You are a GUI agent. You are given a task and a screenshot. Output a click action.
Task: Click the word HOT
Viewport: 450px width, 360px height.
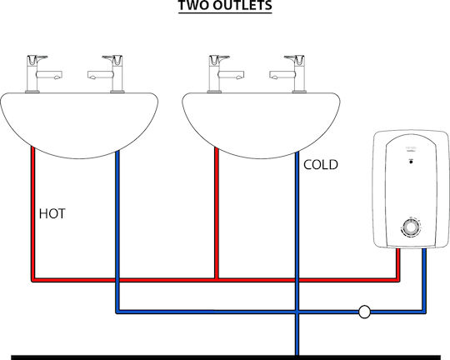[x=52, y=214]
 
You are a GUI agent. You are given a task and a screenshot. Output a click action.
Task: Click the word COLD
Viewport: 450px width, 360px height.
[x=321, y=165]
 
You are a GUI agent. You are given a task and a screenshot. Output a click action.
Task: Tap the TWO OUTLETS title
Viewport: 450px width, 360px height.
[x=225, y=6]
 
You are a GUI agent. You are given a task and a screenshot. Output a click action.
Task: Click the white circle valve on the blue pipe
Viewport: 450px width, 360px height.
[x=364, y=312]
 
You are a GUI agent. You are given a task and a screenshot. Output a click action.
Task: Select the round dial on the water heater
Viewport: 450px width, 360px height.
[x=411, y=227]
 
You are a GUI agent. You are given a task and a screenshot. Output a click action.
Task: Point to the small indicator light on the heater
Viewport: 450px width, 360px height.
[x=411, y=162]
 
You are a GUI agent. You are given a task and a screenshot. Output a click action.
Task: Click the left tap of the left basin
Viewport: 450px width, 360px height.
[x=43, y=74]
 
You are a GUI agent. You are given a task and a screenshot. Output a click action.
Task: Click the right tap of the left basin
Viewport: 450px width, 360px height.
[x=106, y=74]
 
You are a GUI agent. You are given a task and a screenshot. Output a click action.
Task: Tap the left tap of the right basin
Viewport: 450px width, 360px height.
[x=225, y=74]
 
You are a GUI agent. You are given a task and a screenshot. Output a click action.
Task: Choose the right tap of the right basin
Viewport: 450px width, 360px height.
[x=287, y=74]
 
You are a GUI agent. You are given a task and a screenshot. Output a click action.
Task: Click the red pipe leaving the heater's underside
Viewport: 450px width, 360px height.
[x=398, y=264]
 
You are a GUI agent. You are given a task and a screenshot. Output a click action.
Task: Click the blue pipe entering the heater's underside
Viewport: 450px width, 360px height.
[x=424, y=280]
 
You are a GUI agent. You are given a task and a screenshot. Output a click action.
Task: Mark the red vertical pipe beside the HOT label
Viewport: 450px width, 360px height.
[x=33, y=214]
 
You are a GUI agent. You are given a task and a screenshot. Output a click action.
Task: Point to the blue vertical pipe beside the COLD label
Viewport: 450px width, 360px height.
[x=297, y=252]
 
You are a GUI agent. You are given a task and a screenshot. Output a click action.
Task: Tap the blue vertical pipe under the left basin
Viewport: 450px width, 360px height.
[x=117, y=232]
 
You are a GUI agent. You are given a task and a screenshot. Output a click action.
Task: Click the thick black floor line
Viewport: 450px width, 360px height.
[x=226, y=357]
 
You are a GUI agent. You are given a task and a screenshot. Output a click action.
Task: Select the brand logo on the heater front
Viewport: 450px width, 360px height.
[x=411, y=148]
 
